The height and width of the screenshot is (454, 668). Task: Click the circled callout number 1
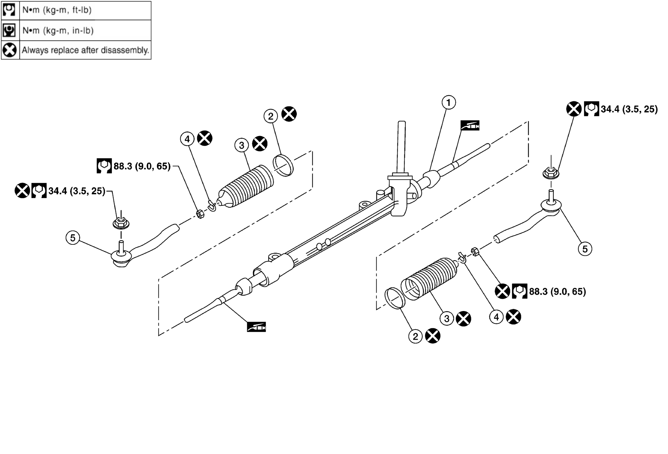[x=448, y=102]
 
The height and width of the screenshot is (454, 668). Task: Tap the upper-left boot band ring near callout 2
[x=283, y=165]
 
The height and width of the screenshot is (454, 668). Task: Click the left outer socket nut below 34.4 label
[x=121, y=223]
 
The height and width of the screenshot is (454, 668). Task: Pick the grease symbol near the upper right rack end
[x=470, y=125]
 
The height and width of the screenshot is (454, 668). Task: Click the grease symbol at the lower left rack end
[x=256, y=327]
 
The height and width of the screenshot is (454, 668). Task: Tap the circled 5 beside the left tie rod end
[x=73, y=238]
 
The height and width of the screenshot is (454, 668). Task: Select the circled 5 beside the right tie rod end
[x=585, y=249]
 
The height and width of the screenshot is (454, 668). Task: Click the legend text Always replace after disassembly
[x=85, y=50]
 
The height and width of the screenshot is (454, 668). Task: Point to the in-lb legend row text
[x=58, y=30]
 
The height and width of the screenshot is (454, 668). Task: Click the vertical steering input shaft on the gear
[x=401, y=148]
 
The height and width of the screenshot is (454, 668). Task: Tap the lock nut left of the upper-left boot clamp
[x=200, y=214]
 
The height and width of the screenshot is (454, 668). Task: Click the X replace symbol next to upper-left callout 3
[x=260, y=144]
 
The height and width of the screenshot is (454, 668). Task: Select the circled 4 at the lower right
[x=496, y=317]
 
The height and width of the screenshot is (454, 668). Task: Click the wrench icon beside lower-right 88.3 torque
[x=519, y=291]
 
